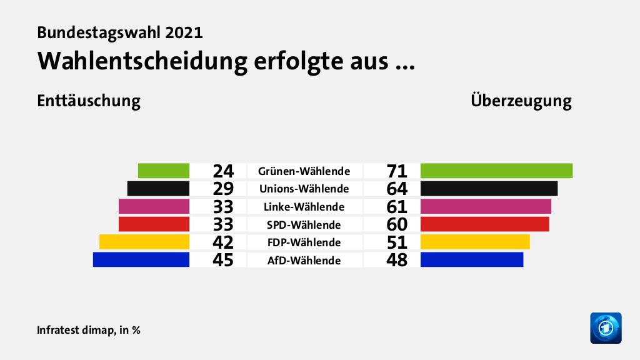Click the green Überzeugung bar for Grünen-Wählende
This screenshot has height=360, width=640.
click(x=496, y=171)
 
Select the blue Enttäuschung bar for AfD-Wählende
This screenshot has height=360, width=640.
click(x=141, y=259)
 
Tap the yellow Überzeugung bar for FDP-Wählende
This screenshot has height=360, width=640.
click(x=475, y=242)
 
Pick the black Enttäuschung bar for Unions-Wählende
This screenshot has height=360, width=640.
click(x=158, y=189)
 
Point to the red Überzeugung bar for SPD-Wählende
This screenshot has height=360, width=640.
click(x=484, y=224)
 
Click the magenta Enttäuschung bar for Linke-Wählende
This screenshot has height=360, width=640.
click(x=154, y=206)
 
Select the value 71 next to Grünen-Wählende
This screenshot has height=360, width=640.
click(x=397, y=171)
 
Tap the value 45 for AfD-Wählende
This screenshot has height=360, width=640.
click(x=222, y=260)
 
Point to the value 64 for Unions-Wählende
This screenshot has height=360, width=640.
click(x=397, y=189)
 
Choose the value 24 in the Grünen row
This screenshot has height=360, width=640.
click(x=222, y=171)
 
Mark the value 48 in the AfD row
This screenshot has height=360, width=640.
click(x=397, y=260)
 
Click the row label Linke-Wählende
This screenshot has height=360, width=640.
click(x=304, y=207)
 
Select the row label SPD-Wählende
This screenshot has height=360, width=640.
click(x=304, y=224)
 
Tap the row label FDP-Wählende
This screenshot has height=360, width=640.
click(x=304, y=242)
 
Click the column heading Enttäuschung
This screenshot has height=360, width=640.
click(x=88, y=101)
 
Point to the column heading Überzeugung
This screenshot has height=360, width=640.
click(x=521, y=101)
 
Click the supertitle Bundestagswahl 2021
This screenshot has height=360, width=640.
click(x=120, y=32)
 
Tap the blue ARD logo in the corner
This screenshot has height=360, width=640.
click(x=606, y=327)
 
